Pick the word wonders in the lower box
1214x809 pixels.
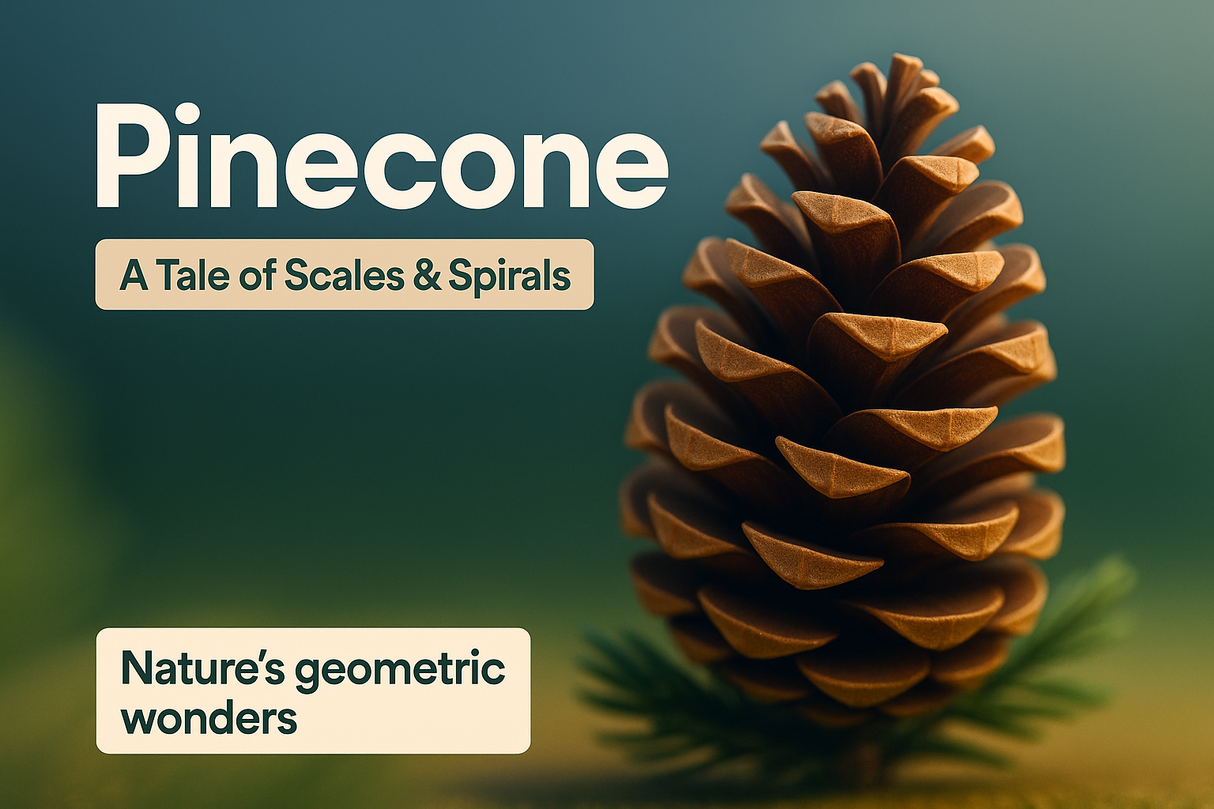click(x=209, y=717)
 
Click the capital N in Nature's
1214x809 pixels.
click(x=135, y=669)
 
